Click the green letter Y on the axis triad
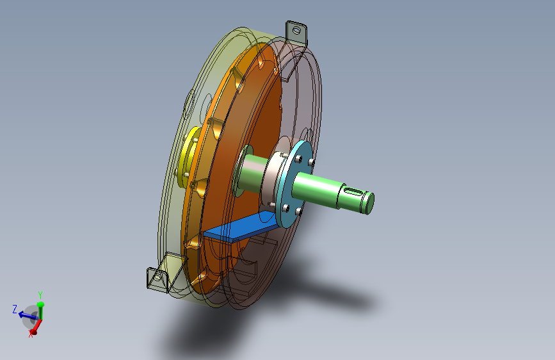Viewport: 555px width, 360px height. [40, 295]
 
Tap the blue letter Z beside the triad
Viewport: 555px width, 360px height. [15, 309]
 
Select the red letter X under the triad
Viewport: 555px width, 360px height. [31, 334]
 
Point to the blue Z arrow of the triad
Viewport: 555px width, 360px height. [28, 315]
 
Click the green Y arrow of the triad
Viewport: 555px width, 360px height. [41, 311]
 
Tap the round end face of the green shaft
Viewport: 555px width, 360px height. [369, 204]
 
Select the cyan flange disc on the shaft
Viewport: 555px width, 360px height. [294, 184]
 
